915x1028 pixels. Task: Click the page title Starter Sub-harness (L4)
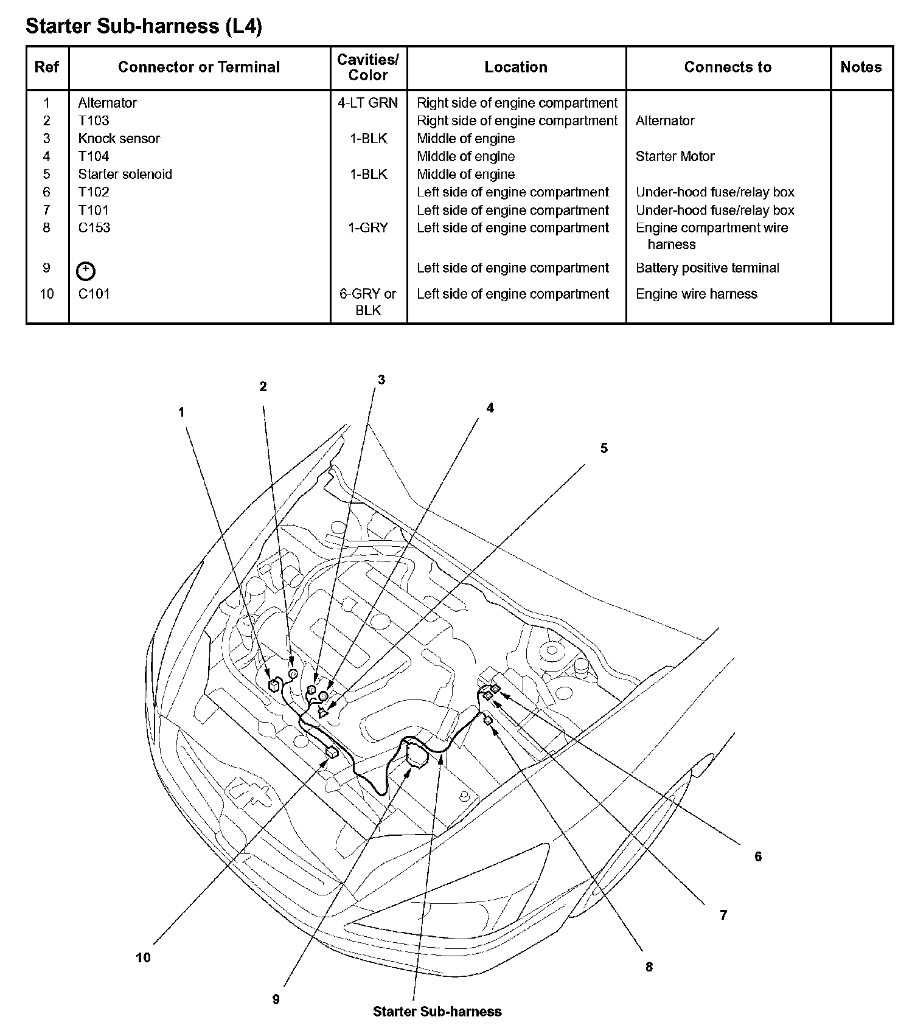point(144,26)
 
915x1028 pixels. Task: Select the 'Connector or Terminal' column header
point(199,67)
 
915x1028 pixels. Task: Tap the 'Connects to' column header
point(728,67)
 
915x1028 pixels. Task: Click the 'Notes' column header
point(861,67)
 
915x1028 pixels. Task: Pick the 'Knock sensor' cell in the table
point(119,139)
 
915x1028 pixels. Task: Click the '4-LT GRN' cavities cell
point(368,103)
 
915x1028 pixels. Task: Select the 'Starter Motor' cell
point(675,156)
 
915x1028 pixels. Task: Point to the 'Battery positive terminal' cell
point(707,268)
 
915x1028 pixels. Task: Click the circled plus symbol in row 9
point(86,271)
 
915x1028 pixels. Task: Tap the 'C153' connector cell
point(94,227)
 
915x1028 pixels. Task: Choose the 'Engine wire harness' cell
point(696,294)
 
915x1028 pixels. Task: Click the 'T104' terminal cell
point(94,156)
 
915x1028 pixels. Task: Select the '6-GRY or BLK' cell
point(368,302)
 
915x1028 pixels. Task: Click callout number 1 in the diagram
point(181,412)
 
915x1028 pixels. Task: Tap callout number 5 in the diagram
point(604,448)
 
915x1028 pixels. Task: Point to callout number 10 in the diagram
point(143,958)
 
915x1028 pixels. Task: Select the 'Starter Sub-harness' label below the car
point(437,1012)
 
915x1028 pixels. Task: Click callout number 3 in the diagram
point(381,380)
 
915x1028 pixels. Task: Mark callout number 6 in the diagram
point(758,856)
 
